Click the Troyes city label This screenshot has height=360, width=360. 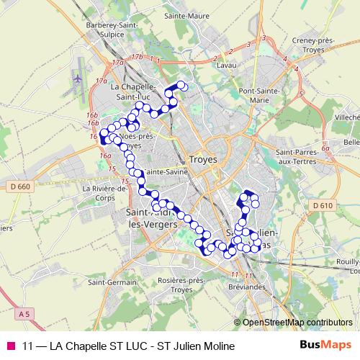202,160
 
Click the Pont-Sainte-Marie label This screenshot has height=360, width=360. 264,96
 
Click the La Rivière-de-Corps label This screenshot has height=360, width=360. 104,193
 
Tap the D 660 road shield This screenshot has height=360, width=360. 21,187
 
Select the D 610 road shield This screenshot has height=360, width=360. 324,206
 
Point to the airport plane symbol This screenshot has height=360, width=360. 77,77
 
